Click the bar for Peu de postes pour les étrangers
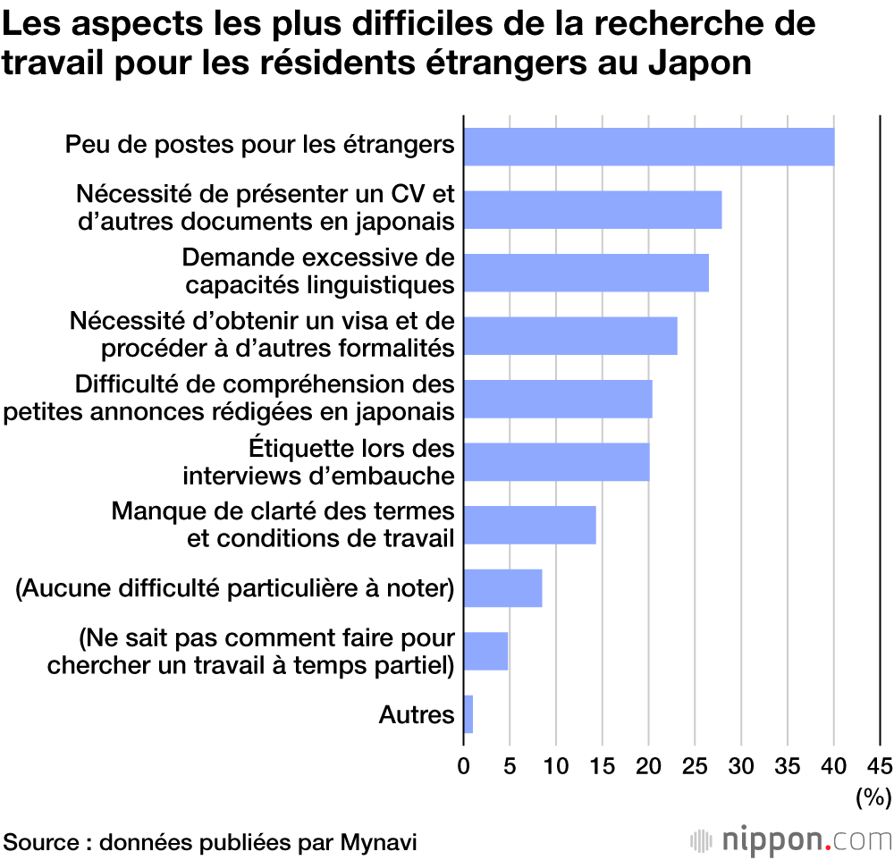tap(648, 147)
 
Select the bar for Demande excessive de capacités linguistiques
tap(586, 273)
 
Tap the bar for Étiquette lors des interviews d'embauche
tap(556, 461)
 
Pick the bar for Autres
tap(468, 714)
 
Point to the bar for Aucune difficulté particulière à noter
tap(502, 588)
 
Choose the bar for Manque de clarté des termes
tap(529, 525)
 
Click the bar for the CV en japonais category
tap(592, 209)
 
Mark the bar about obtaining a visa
tap(570, 335)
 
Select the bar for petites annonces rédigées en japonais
tap(558, 399)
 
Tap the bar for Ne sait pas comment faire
tap(485, 651)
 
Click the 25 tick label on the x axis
tap(695, 765)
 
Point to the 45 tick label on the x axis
tap(880, 765)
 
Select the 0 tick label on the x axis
tap(463, 765)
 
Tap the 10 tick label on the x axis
tap(556, 765)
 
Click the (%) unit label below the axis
tap(873, 796)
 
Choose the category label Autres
tap(417, 714)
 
